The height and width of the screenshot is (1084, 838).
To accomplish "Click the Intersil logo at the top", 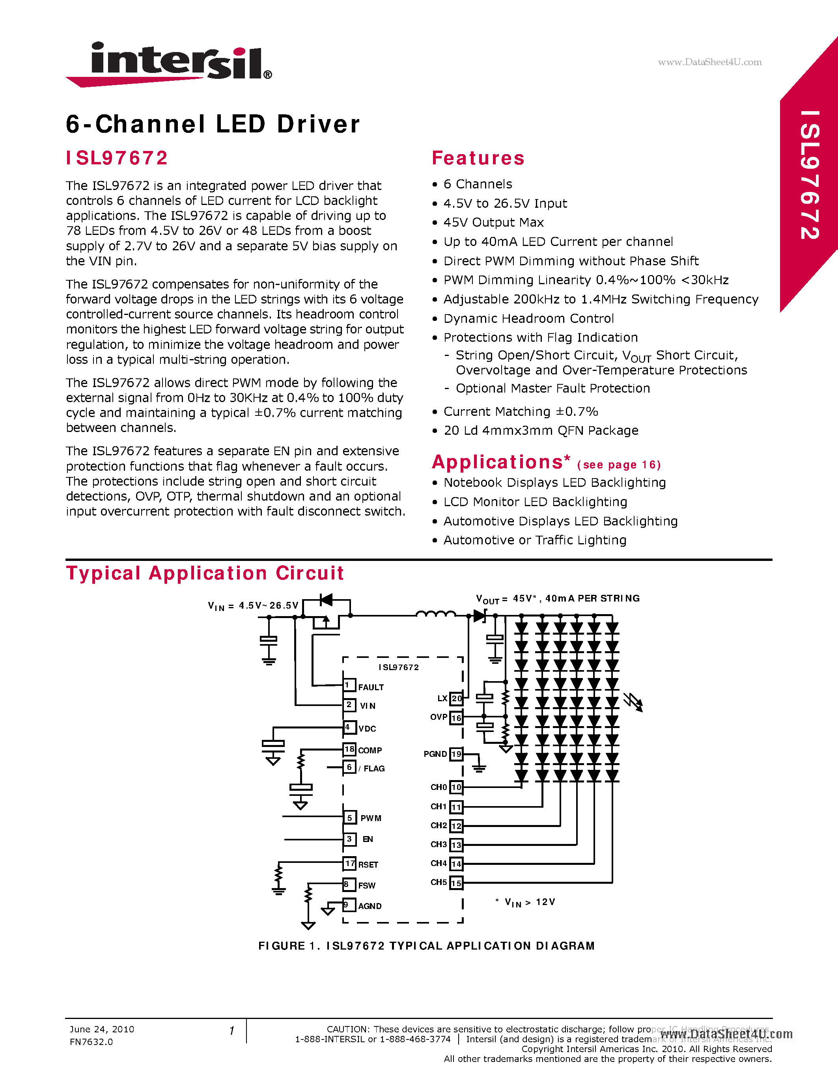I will [169, 63].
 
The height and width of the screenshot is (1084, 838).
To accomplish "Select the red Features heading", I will [478, 158].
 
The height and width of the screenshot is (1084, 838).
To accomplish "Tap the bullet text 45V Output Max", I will [493, 222].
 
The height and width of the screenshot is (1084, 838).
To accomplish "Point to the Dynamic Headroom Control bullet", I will [528, 318].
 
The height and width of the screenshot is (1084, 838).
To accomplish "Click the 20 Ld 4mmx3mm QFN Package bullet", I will [541, 430].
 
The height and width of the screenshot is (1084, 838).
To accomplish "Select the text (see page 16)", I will [619, 465].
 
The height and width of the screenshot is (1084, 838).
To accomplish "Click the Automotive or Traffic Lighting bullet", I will [535, 540].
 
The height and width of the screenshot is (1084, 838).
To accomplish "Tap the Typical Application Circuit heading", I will [205, 573].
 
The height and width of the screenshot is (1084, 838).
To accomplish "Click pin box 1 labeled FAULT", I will [349, 685].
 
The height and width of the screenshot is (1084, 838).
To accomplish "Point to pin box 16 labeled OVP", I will [456, 718].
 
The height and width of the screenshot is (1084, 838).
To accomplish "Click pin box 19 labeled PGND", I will [456, 754].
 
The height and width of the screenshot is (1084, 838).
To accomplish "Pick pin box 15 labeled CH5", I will [456, 883].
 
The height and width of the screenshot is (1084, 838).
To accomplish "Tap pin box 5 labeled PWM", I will [349, 818].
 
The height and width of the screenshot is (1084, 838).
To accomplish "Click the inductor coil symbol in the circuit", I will [435, 614].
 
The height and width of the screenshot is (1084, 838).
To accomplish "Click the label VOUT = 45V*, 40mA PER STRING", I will [558, 599].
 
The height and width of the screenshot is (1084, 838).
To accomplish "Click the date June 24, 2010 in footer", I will [102, 1029].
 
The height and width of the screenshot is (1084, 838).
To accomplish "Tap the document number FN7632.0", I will [91, 1042].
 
